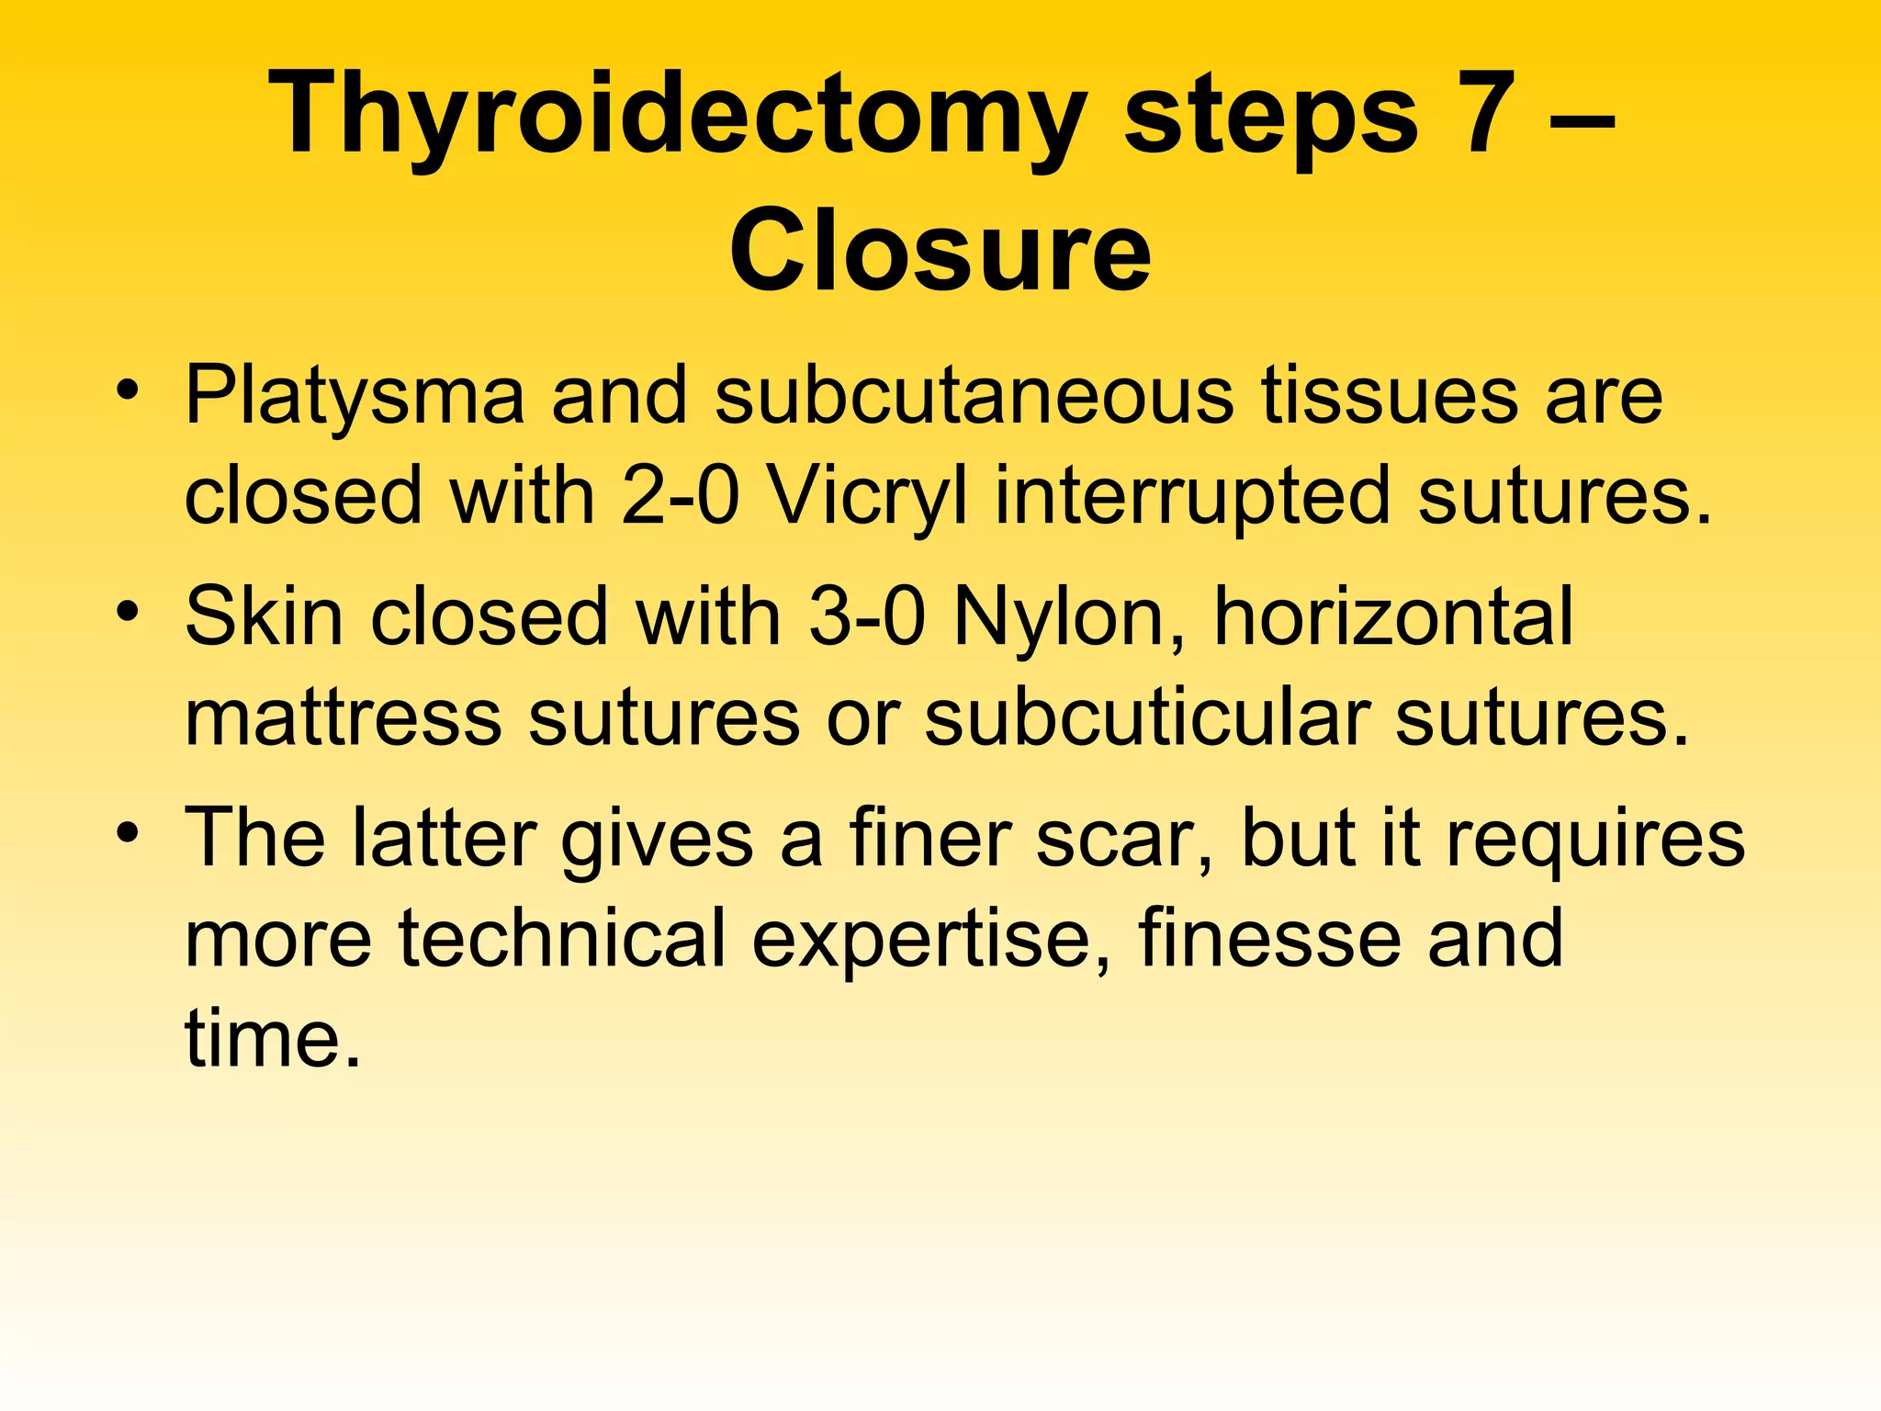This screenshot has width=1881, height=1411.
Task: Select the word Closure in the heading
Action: [940, 250]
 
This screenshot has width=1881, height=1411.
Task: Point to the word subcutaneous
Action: [974, 395]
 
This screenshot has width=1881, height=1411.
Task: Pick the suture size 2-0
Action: [680, 496]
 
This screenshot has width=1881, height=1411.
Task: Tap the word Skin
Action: [265, 616]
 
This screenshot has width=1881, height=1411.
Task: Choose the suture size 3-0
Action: [867, 616]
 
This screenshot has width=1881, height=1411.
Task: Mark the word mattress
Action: [343, 717]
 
